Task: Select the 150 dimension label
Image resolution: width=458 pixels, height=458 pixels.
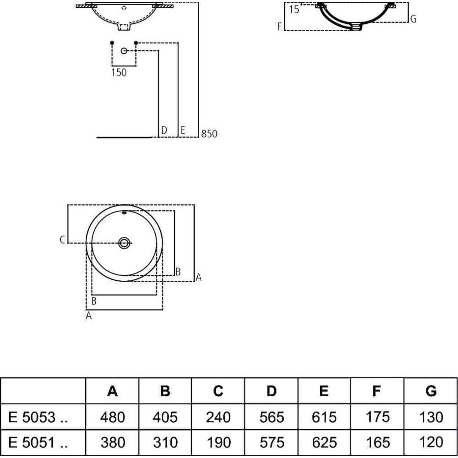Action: tap(119, 72)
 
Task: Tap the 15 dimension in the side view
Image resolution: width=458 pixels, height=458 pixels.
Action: tap(294, 10)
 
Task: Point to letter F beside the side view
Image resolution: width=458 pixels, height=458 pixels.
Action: tap(279, 27)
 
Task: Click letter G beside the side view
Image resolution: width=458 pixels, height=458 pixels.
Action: tap(414, 19)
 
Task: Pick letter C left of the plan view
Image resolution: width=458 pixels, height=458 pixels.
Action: tap(62, 240)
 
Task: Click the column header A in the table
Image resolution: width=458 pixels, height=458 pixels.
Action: tap(113, 391)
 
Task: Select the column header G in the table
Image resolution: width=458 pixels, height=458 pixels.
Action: tap(431, 391)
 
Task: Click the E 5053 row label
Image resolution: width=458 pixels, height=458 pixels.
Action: tap(38, 417)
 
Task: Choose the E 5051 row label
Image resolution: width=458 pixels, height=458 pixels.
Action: tap(38, 442)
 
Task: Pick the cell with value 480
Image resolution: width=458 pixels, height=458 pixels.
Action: tap(113, 417)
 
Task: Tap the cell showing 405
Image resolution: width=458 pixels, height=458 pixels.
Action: tap(166, 417)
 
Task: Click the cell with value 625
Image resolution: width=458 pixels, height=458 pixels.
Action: tap(324, 442)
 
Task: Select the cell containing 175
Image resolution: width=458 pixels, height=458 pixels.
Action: tap(377, 417)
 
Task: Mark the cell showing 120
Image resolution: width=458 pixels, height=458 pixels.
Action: tap(431, 442)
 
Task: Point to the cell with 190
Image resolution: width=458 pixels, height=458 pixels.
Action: tap(218, 442)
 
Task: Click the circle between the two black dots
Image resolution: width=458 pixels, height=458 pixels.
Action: tap(124, 50)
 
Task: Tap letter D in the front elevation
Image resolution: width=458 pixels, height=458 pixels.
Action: tap(164, 131)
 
